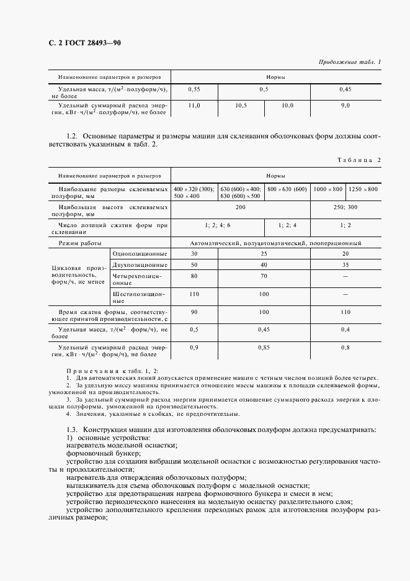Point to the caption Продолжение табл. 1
pos(350,62)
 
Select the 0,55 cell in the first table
pos(194,89)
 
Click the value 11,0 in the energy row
pos(194,106)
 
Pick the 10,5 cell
pos(241,106)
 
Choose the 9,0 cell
pos(345,106)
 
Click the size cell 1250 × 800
pos(363,189)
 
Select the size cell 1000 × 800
pos(328,189)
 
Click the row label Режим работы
pos(80,243)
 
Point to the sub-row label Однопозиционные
pos(140,254)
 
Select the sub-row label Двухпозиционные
pos(140,264)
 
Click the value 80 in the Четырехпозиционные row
pos(194,275)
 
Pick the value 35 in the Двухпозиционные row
pos(345,264)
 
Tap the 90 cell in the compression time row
pos(194,312)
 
